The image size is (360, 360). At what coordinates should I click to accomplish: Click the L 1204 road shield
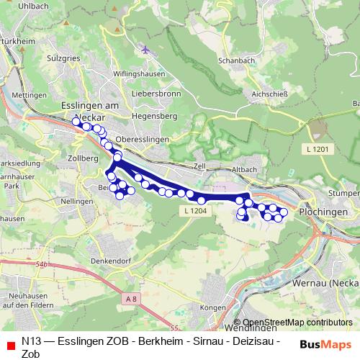point(195,210)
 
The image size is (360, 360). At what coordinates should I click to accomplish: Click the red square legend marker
point(10,346)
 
